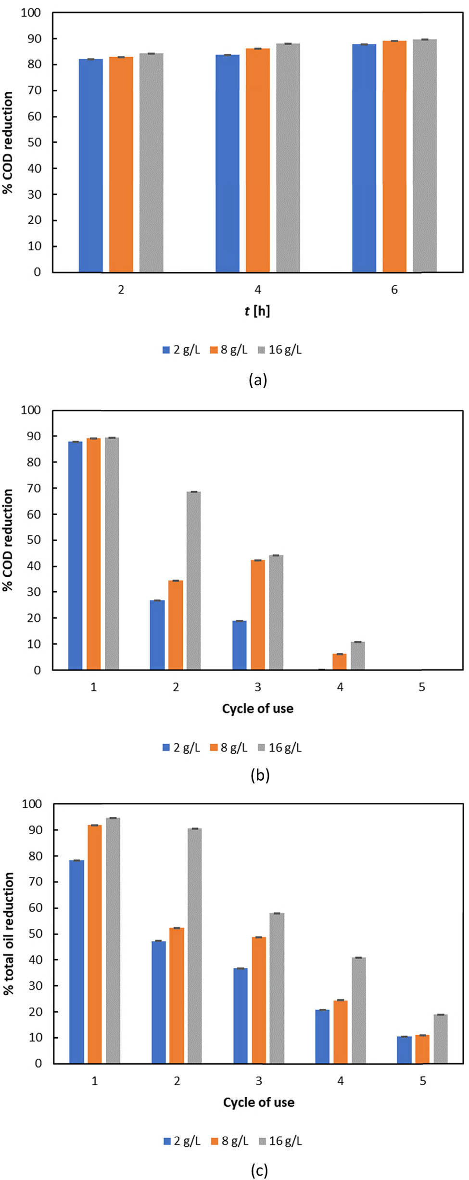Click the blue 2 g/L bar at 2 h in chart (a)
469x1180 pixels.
click(90, 165)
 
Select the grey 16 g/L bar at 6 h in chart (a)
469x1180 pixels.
click(425, 156)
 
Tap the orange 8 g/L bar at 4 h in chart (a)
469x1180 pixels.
click(257, 160)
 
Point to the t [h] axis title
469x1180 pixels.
click(257, 311)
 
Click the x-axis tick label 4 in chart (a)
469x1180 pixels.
click(257, 290)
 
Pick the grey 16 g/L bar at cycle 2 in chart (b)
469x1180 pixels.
click(193, 581)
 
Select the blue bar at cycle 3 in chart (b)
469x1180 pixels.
click(239, 645)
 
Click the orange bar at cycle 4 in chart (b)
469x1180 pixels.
click(339, 662)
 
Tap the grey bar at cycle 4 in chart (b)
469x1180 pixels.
click(357, 656)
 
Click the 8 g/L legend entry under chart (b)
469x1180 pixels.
click(229, 748)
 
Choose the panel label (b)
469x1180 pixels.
click(260, 775)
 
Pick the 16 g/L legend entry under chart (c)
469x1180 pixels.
click(280, 1141)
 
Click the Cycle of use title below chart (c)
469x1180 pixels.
click(258, 1102)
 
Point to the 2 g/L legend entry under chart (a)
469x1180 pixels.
click(181, 350)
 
